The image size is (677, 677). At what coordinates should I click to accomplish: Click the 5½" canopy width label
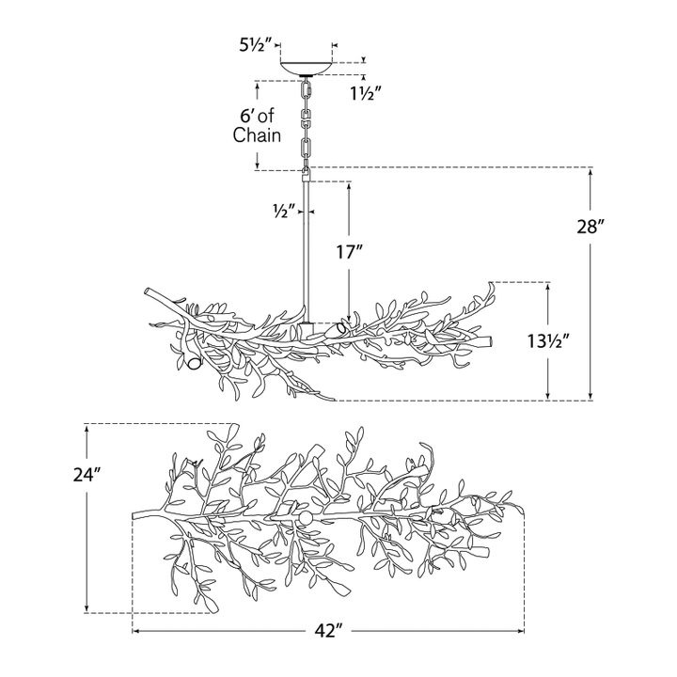255,45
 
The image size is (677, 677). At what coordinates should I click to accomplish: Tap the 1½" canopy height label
366,93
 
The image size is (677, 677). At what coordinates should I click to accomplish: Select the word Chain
257,135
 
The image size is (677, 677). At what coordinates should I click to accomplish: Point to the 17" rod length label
350,252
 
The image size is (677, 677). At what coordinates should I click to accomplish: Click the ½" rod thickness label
284,212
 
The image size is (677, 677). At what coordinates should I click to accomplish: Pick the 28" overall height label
590,227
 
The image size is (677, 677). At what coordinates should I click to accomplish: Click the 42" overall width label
328,631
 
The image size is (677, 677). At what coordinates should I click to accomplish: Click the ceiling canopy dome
307,69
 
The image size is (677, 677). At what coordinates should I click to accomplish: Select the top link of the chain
307,90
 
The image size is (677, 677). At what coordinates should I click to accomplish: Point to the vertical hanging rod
306,251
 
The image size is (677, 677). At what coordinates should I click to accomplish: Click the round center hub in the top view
307,518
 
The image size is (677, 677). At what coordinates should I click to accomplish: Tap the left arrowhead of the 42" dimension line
135,631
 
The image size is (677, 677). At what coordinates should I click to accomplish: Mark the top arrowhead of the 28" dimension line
590,171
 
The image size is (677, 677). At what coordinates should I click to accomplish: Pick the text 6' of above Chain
257,116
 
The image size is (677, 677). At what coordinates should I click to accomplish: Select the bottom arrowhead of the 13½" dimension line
548,396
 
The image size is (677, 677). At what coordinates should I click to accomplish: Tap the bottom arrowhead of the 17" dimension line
349,319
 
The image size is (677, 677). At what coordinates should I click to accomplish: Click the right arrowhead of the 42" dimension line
521,631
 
